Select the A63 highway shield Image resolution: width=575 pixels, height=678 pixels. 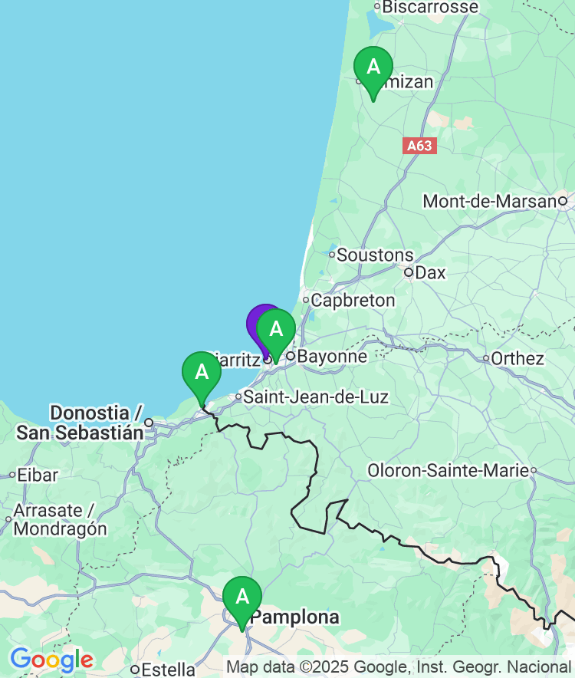(419, 145)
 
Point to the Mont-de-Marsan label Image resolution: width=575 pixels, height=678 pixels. (490, 202)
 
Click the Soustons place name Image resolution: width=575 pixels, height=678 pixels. (375, 255)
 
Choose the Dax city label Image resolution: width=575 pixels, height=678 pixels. (430, 272)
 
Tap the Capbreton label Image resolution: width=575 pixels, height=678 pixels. (353, 301)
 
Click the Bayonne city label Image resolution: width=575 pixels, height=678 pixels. (332, 357)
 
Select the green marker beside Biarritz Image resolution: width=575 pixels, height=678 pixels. (276, 331)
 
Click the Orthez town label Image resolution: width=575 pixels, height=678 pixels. (517, 358)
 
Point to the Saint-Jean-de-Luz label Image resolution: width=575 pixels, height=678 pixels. (316, 397)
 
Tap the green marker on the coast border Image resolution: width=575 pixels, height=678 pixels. (202, 374)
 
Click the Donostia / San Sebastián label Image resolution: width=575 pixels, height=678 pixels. (80, 423)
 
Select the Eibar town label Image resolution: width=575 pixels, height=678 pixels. (38, 476)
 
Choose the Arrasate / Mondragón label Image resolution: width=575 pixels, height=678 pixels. (60, 520)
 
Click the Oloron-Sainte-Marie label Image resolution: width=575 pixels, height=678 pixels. (448, 470)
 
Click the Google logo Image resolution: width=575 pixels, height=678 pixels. (51, 660)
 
